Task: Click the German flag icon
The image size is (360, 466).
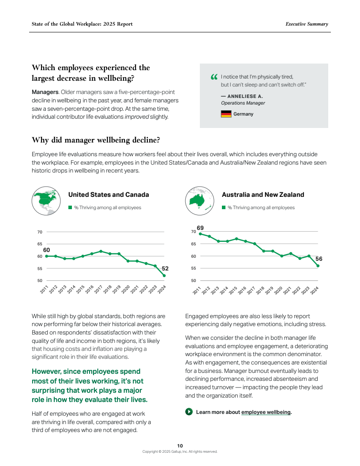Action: tap(226, 114)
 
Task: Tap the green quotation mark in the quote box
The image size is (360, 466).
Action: tap(214, 77)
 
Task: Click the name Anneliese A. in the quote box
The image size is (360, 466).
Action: tap(242, 96)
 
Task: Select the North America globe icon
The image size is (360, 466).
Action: tap(46, 201)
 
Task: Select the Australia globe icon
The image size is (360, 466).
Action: tap(200, 201)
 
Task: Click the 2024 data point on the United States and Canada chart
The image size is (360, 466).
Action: tap(164, 276)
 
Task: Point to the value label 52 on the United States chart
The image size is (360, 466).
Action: tap(165, 268)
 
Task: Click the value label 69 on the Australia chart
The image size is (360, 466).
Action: tap(200, 228)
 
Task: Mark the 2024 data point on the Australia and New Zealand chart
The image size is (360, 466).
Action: tap(318, 266)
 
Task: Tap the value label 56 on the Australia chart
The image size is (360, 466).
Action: tap(319, 259)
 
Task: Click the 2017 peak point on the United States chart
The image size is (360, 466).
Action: tap(101, 251)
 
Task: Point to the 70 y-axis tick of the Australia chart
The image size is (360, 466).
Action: tap(193, 232)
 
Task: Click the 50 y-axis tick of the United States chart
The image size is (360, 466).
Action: tap(39, 281)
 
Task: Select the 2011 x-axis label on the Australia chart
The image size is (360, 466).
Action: tap(197, 290)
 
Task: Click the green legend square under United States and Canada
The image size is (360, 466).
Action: tap(70, 207)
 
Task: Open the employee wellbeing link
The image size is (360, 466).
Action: tap(266, 412)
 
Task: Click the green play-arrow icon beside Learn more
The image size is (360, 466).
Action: tap(189, 412)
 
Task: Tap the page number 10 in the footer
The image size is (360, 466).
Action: tap(180, 446)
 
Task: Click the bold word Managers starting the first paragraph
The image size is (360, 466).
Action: tap(45, 92)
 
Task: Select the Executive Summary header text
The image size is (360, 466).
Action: tap(307, 24)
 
